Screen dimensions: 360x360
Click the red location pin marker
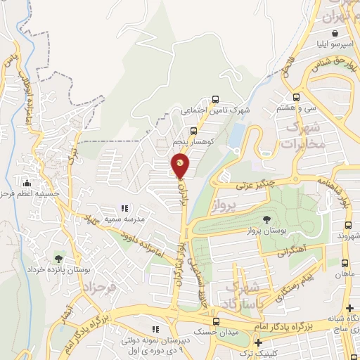click(x=180, y=166)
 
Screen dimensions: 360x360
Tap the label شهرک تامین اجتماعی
click(x=215, y=110)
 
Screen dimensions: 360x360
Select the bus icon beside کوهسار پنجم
click(x=193, y=130)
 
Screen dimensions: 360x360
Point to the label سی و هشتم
click(x=297, y=109)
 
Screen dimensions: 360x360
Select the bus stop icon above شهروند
click(x=348, y=226)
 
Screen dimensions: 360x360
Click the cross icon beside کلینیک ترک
click(x=259, y=342)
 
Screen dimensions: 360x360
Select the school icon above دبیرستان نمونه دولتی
click(x=156, y=328)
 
